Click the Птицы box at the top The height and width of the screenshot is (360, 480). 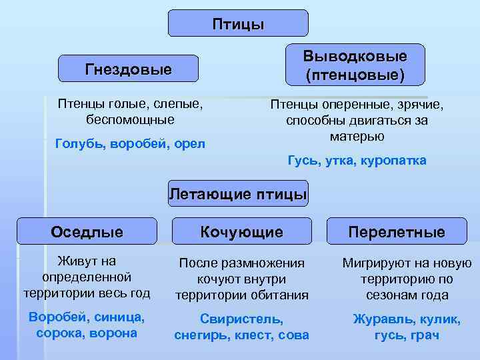(x=238, y=24)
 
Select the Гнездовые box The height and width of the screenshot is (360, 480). (x=128, y=69)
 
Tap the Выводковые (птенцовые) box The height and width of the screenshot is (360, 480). (x=355, y=65)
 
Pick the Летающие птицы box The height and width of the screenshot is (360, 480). (x=238, y=194)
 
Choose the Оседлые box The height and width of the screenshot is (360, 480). (x=87, y=232)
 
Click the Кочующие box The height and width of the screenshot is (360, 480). (x=242, y=232)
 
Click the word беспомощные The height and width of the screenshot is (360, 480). (x=130, y=120)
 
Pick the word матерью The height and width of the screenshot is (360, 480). (x=357, y=136)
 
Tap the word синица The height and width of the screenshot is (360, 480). (x=123, y=317)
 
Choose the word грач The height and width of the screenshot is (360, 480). (x=425, y=335)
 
